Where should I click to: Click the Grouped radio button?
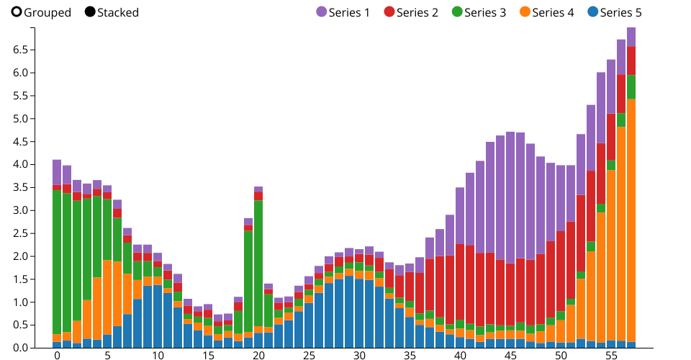pos(17,12)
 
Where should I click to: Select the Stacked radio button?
pos(90,12)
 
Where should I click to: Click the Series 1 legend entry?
pos(343,12)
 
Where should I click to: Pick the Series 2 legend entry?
pos(411,12)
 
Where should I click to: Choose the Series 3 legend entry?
pos(479,12)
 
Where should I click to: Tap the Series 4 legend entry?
pos(546,12)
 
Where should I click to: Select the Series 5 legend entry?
pos(614,12)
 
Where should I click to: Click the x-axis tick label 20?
pos(258,356)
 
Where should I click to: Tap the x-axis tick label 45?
pos(510,356)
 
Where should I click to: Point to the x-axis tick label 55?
pos(611,356)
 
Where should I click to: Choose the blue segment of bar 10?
pos(158,316)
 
